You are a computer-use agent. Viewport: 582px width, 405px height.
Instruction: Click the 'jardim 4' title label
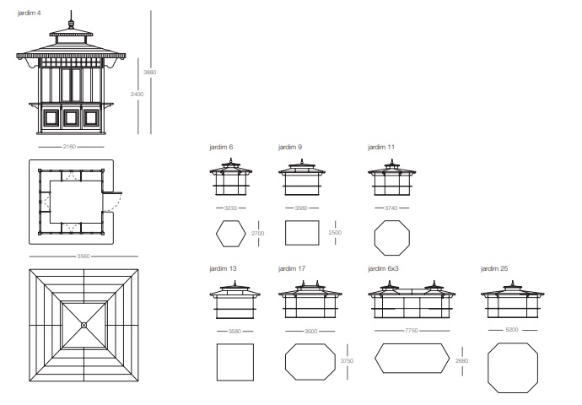point(30,13)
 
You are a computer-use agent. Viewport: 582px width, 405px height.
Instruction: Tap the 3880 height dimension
point(150,72)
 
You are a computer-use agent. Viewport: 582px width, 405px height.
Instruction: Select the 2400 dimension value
point(137,94)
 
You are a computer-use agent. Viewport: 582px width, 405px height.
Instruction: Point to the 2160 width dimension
point(69,147)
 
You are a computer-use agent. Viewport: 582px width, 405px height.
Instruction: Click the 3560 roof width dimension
point(84,256)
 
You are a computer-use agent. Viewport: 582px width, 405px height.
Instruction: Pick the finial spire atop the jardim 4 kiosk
point(71,19)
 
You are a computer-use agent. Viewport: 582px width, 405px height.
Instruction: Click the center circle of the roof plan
point(84,325)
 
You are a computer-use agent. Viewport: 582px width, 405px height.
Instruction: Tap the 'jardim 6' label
point(221,147)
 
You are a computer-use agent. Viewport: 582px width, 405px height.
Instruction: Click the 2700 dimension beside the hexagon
point(258,234)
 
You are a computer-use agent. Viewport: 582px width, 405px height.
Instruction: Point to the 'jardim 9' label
point(290,147)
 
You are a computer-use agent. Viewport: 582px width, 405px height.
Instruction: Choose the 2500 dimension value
point(335,232)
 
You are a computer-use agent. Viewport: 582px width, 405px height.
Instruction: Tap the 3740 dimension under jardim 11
point(391,208)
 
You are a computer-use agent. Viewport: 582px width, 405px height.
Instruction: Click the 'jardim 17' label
point(292,268)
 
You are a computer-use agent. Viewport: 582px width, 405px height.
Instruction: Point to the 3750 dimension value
point(347,360)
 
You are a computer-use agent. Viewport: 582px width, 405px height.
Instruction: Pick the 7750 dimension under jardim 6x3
point(412,331)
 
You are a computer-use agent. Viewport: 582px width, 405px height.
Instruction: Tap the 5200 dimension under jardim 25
point(512,330)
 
